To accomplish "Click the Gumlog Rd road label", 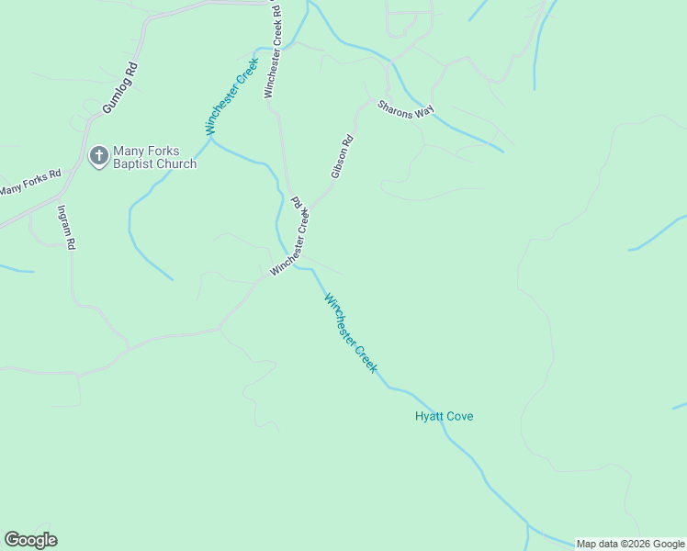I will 120,88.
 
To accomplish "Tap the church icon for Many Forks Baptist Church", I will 97,156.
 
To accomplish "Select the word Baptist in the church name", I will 133,164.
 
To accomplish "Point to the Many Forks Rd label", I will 29,182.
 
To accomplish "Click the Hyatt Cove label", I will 444,416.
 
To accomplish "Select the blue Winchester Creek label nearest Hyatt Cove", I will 350,332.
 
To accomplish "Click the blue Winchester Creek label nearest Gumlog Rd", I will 231,98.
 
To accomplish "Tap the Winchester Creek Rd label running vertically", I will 272,51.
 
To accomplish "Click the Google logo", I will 30,540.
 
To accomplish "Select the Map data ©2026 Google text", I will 629,544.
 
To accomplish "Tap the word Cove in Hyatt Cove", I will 459,416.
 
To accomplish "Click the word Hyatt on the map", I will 429,416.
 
